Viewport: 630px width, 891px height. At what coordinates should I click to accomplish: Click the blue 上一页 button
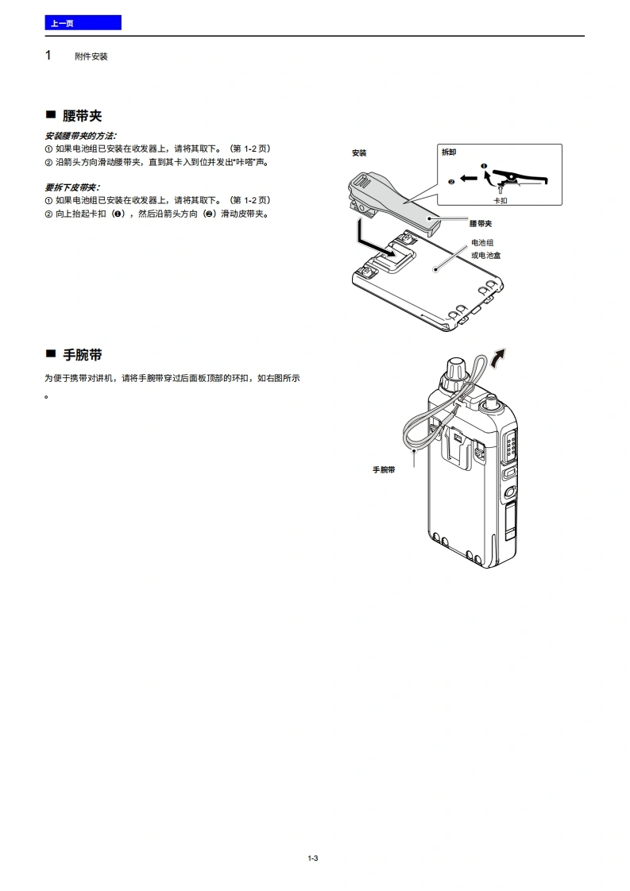(83, 23)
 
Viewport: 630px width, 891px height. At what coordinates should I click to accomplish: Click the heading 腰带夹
(82, 116)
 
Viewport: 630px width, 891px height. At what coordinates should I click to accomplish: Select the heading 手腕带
(82, 355)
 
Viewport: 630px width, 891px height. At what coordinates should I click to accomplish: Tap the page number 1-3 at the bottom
(313, 858)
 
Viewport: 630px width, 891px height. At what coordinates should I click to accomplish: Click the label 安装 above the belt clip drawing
(359, 152)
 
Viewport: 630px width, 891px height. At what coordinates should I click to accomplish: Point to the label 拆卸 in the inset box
(449, 152)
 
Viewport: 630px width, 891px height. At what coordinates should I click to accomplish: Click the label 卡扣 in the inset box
(500, 201)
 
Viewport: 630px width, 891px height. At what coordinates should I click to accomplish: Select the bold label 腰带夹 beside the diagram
(481, 223)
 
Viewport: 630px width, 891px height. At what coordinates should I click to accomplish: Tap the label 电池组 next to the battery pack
(482, 243)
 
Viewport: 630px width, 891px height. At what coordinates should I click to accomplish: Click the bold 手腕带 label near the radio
(384, 470)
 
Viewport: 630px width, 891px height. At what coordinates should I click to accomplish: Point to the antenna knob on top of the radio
(455, 372)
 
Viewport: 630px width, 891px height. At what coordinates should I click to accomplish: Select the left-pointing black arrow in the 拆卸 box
(468, 179)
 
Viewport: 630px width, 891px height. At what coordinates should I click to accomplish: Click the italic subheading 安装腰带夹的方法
(80, 136)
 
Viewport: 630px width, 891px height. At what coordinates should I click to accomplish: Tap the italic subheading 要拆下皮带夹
(72, 187)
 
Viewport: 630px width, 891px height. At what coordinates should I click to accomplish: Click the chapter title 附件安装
(91, 56)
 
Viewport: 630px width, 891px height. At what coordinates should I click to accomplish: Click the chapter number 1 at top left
(48, 55)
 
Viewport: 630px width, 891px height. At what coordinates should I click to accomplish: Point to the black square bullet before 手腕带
(51, 354)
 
